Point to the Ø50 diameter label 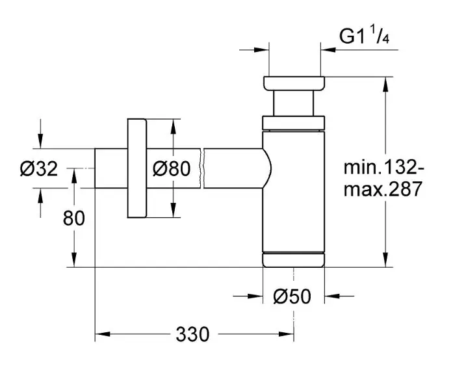click(x=292, y=297)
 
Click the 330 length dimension click(x=192, y=335)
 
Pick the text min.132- click(x=384, y=168)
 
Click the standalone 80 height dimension click(x=73, y=218)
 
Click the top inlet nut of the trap click(x=293, y=84)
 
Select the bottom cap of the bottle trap click(x=293, y=259)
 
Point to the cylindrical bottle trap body click(x=293, y=189)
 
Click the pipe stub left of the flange click(x=111, y=168)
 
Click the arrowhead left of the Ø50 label click(x=254, y=296)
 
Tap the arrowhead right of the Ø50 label click(x=333, y=296)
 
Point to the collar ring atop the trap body click(x=293, y=123)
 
